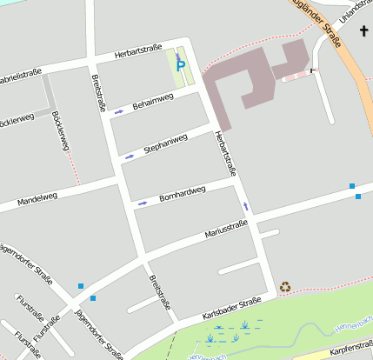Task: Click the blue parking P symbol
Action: tap(180, 65)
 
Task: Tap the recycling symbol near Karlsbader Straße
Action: tap(285, 286)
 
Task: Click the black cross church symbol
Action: tap(364, 31)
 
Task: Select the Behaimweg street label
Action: tap(153, 103)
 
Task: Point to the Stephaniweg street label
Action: tap(165, 143)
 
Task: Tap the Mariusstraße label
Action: tap(226, 230)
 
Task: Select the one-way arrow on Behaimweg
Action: tap(119, 112)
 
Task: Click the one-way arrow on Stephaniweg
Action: tap(130, 157)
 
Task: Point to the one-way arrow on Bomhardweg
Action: tap(143, 203)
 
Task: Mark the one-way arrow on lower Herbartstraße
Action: tap(246, 207)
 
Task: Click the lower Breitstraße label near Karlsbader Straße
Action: tap(159, 293)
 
